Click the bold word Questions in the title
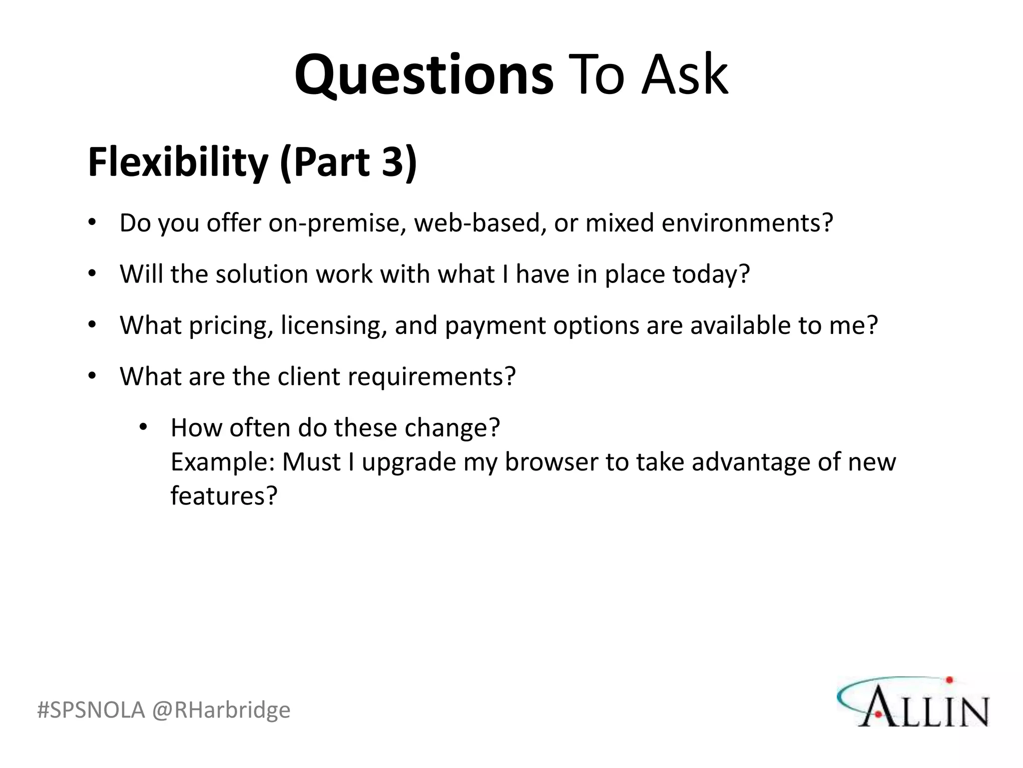424,75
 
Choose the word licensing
334,326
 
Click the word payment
495,326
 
